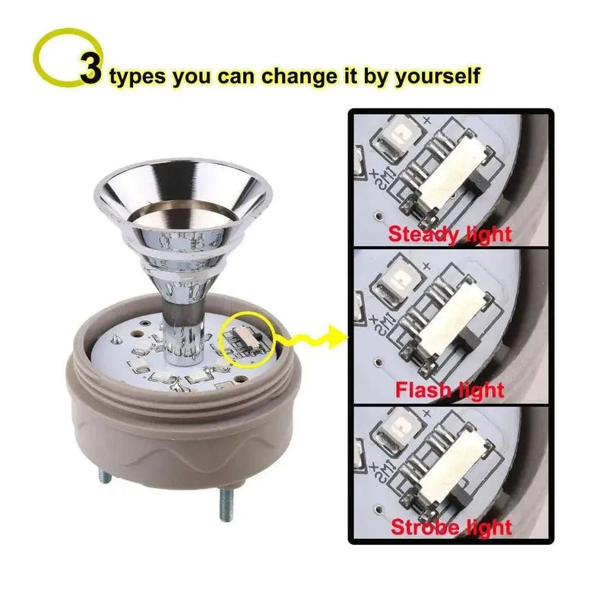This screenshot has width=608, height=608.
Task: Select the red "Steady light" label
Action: [x=450, y=233]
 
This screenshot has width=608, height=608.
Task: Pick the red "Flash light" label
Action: [x=450, y=391]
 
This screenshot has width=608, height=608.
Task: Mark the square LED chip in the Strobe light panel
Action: [x=397, y=424]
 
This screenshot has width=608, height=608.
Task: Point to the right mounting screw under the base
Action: [x=226, y=505]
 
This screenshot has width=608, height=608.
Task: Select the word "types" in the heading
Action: [x=137, y=77]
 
